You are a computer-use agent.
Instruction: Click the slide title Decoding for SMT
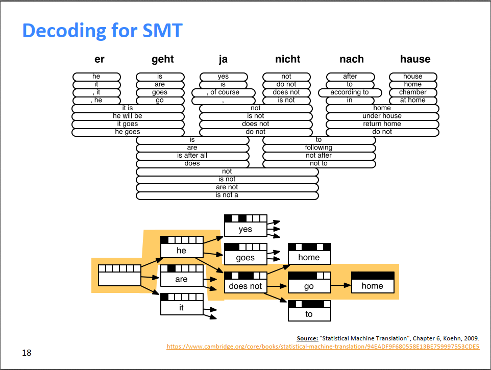click(x=102, y=31)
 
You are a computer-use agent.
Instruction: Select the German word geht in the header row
click(x=162, y=59)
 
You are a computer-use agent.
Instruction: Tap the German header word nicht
click(x=287, y=59)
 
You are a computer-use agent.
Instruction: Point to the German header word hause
click(x=415, y=59)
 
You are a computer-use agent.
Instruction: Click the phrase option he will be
click(x=128, y=116)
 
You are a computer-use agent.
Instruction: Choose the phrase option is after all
click(x=192, y=156)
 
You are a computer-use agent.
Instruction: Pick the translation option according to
click(x=350, y=92)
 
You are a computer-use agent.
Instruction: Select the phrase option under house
click(x=382, y=116)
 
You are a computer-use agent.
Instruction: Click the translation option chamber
click(x=413, y=92)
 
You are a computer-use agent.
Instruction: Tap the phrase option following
click(x=318, y=147)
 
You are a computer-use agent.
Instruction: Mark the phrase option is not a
click(x=227, y=195)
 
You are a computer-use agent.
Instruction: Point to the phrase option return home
click(x=382, y=124)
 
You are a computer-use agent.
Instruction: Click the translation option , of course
click(x=223, y=92)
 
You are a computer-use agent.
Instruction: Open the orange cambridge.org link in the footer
click(x=323, y=347)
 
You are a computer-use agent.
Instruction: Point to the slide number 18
click(x=26, y=353)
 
